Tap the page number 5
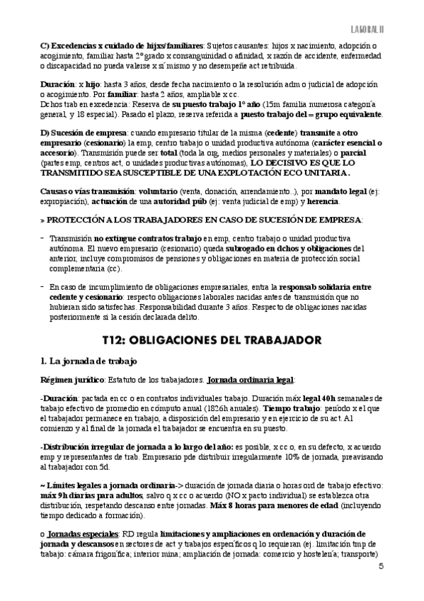click(382, 566)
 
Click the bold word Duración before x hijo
click(57, 84)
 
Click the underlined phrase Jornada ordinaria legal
click(245, 381)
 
